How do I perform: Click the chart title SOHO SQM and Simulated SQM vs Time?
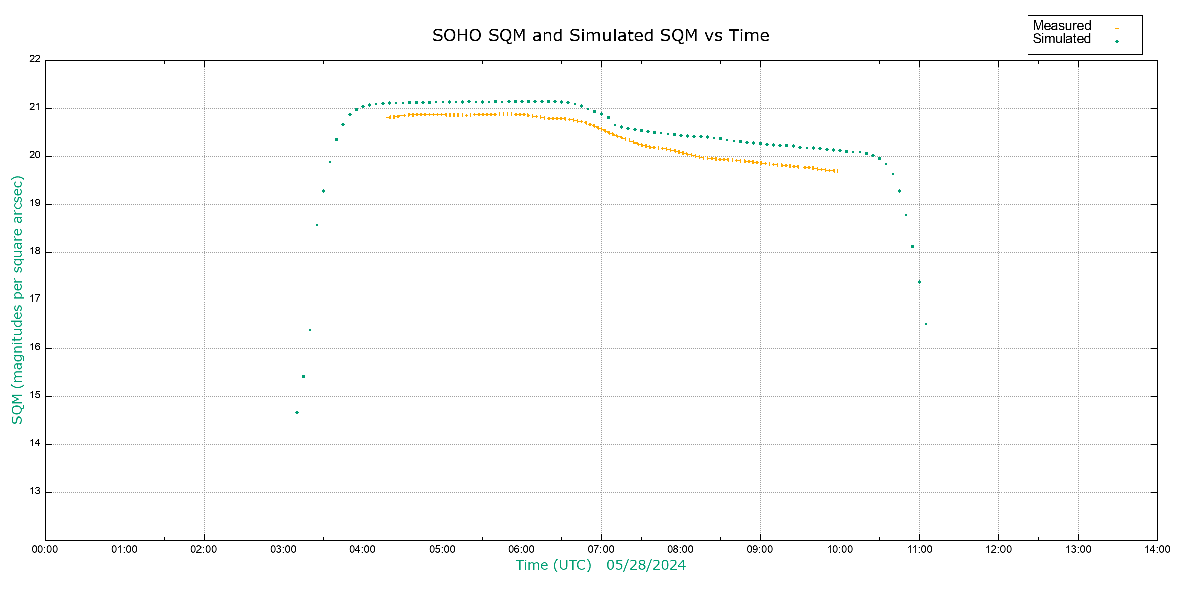600,36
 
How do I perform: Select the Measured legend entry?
1062,26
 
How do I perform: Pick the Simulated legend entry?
1062,39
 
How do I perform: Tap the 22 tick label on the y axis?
35,59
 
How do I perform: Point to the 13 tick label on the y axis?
35,491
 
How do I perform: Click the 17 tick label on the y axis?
35,299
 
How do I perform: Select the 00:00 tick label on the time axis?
45,549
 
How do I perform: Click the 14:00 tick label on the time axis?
1157,549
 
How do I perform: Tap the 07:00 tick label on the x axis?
601,549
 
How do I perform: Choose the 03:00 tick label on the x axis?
283,549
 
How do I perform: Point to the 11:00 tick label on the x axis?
919,549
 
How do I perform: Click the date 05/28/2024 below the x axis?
646,565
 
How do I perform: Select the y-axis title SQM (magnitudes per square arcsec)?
18,299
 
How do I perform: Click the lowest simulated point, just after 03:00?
297,413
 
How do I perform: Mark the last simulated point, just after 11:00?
926,324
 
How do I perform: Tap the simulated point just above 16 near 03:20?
310,330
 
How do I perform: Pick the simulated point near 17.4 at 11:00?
919,282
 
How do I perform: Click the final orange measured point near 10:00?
837,171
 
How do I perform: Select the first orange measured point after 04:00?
388,118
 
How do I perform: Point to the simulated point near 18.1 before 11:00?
912,247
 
